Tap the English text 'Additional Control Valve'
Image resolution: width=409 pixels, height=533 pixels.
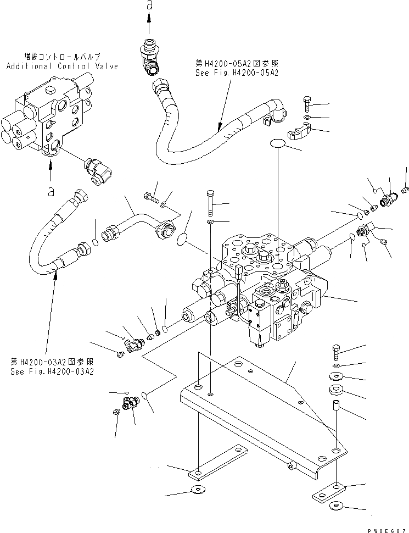pos(62,66)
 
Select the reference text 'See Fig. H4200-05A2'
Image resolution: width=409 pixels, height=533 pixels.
pos(236,73)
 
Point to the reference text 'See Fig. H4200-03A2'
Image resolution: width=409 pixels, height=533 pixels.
pos(52,371)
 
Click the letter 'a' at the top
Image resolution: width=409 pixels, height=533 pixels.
pos(149,6)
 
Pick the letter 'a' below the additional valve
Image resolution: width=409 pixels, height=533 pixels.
pos(51,191)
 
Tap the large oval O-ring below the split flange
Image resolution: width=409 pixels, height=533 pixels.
pos(278,145)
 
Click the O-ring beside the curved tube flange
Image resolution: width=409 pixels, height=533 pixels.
pos(183,238)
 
